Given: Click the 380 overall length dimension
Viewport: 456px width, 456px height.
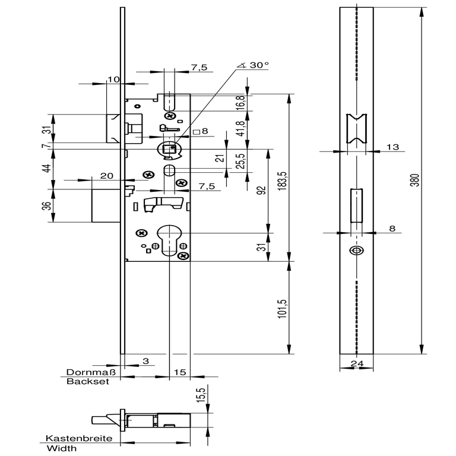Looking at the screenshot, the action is pos(416,180).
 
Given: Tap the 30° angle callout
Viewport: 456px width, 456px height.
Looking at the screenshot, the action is pos(254,65).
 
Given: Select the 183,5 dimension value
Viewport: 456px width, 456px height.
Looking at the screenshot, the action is pos(283,181).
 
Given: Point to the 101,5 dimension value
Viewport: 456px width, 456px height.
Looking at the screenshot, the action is pos(283,309).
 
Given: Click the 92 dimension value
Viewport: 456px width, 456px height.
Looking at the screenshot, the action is pos(262,190).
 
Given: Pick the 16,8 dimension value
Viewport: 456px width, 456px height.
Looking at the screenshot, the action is pos(241,103).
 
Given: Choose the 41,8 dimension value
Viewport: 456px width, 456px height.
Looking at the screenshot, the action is pos(241,128).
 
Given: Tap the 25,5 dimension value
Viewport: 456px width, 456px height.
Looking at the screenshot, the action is pos(241,160).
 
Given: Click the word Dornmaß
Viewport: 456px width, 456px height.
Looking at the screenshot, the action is pos(91,372).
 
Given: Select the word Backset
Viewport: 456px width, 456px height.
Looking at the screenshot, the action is pos(88,382).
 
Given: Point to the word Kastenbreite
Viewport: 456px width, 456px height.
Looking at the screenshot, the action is pos(79,438).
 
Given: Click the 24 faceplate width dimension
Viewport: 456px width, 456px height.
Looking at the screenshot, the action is pos(357,363).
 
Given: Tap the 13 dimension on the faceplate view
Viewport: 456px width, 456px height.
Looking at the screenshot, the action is pos(392,147).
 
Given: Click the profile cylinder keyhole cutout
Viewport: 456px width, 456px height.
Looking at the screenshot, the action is pos(169,239).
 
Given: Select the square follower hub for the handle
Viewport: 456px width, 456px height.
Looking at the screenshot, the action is pos(169,149).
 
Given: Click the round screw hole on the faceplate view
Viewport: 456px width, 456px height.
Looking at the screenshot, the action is pos(356,251).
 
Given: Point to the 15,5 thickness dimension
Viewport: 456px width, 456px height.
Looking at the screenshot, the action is pos(201,395).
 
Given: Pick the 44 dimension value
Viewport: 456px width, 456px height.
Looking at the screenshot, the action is pos(46,169).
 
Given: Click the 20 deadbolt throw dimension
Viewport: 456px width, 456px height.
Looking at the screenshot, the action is pos(106,176).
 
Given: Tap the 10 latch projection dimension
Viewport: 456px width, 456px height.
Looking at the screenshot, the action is pos(113,80).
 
